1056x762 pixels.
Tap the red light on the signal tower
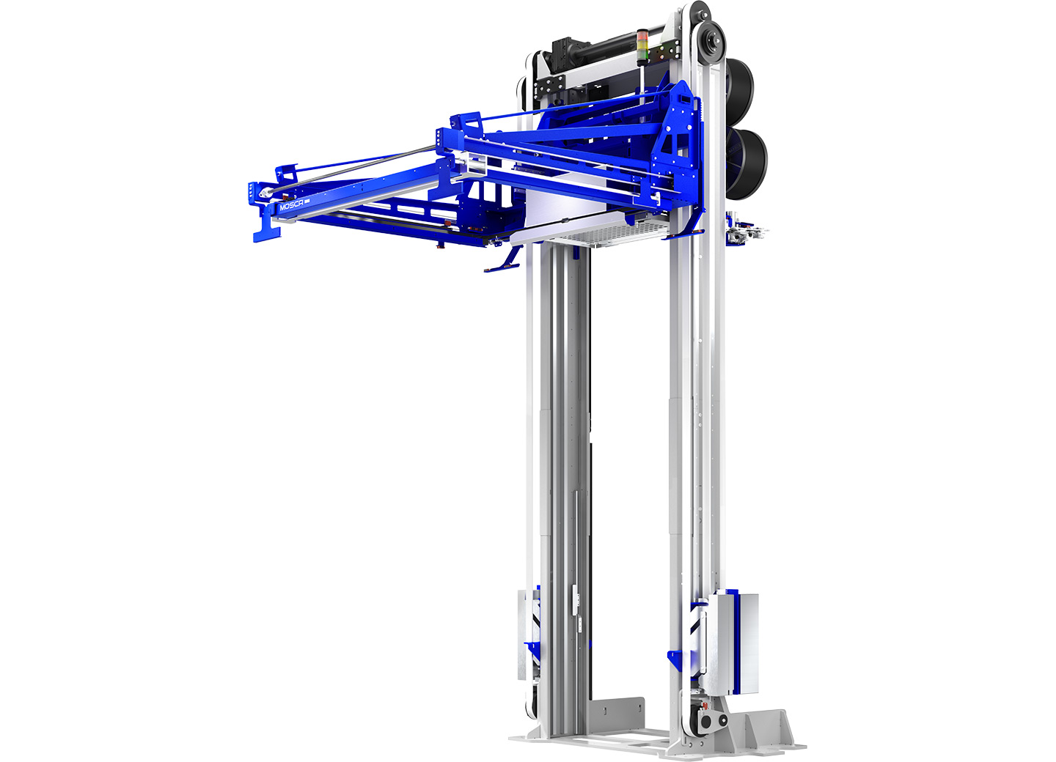pos(643,34)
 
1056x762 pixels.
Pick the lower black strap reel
pos(747,164)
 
